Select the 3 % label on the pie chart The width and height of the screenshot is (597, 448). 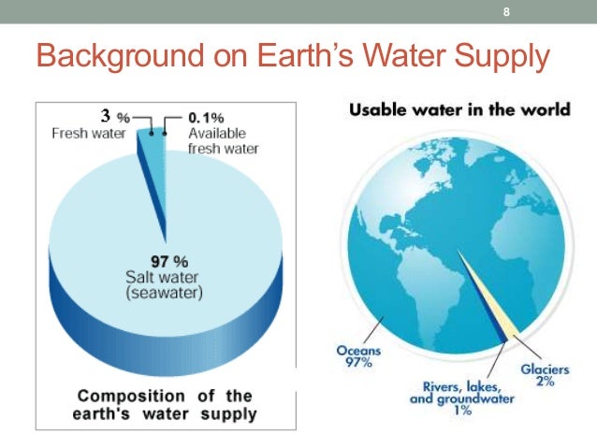[115, 117]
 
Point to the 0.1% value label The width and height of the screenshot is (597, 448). [206, 119]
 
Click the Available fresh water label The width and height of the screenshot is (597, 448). [223, 141]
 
